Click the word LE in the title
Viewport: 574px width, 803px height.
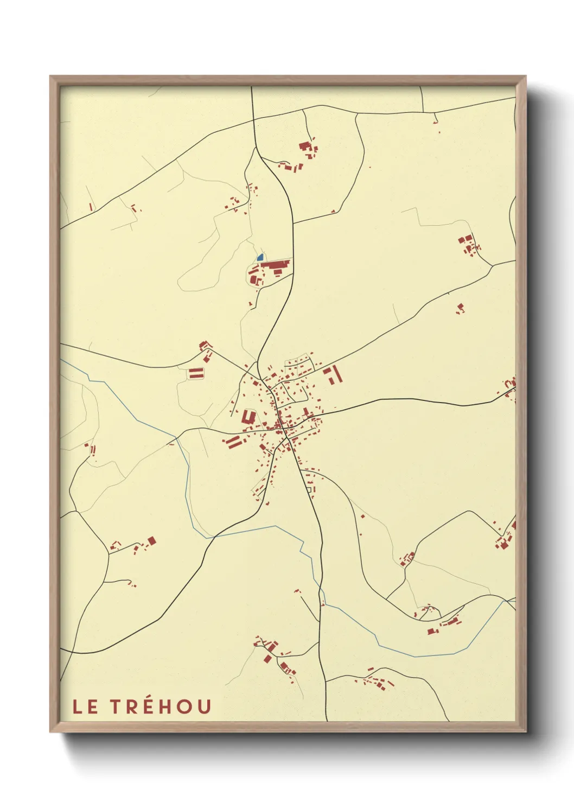[x=85, y=706]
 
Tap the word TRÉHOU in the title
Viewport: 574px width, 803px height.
[x=161, y=706]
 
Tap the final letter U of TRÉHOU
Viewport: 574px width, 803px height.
[x=203, y=706]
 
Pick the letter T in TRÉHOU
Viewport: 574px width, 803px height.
[x=117, y=706]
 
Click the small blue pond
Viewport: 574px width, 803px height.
[x=260, y=257]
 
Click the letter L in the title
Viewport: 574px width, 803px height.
[x=78, y=706]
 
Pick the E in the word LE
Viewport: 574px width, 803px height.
[x=93, y=706]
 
